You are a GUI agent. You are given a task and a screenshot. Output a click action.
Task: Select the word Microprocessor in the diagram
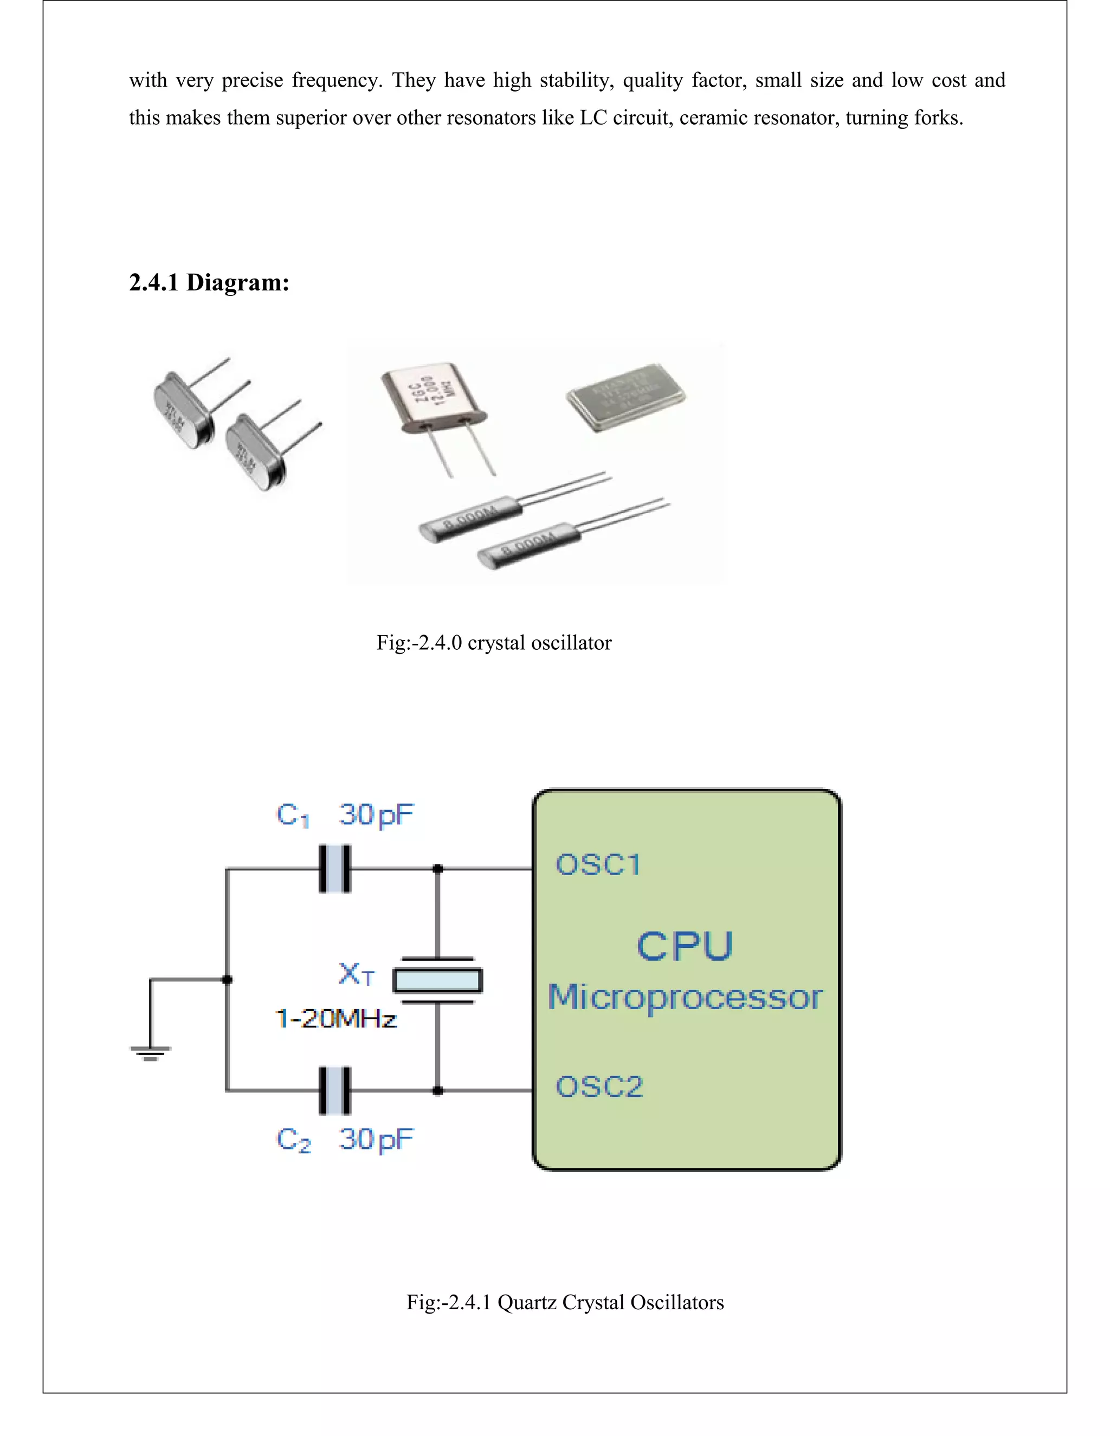point(685,998)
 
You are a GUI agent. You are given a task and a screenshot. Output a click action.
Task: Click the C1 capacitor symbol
point(335,869)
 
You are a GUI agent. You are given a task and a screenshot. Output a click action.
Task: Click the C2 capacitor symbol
point(335,1091)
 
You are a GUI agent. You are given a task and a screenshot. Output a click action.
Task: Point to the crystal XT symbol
point(437,980)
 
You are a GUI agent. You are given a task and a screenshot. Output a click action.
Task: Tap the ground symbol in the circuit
point(151,1053)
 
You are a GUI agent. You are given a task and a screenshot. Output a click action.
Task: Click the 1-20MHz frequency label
point(336,1019)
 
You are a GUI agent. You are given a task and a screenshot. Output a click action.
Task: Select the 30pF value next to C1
point(376,816)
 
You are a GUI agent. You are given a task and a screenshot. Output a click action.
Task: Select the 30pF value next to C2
point(376,1140)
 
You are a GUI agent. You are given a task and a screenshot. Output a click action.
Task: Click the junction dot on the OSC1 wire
point(438,869)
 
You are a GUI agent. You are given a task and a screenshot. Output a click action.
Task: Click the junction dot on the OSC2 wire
point(438,1091)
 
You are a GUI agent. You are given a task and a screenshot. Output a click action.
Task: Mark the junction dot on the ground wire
point(228,980)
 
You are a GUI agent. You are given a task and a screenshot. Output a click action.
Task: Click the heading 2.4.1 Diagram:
point(209,282)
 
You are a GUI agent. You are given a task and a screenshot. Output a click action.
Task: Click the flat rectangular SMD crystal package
point(625,397)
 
